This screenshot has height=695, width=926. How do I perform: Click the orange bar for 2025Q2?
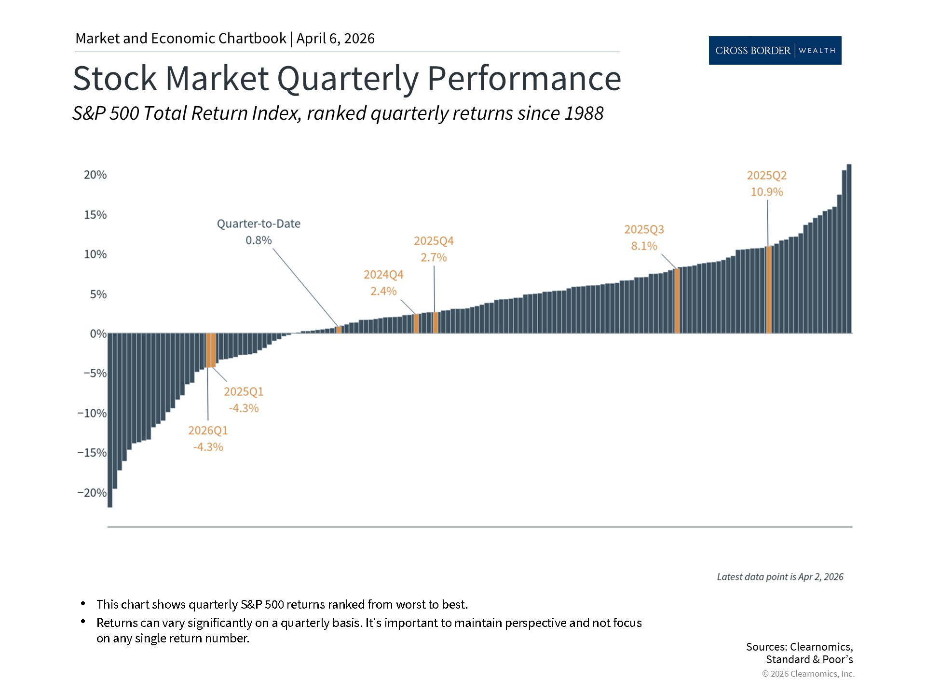pos(769,290)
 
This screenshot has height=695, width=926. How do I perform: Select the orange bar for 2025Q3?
pos(677,301)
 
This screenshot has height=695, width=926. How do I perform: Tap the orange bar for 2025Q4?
pos(436,322)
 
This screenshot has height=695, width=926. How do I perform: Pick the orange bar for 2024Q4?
pos(416,323)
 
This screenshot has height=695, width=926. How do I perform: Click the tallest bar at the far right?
pos(849,249)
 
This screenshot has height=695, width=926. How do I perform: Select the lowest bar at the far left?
pos(110,420)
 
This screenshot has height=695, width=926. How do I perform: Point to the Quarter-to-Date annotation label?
pos(259,224)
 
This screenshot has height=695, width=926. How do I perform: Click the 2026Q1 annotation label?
pos(208,431)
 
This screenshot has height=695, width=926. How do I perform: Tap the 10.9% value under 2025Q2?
pos(767,192)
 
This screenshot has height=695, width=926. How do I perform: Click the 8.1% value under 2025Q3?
pos(644,246)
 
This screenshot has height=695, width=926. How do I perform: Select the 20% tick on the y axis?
pos(95,175)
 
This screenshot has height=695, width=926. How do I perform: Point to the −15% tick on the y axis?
pos(92,453)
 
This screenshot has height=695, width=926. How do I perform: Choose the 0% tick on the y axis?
pos(98,334)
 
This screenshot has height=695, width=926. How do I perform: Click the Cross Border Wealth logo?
pos(775,50)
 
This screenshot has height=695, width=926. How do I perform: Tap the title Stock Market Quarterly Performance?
pos(346,78)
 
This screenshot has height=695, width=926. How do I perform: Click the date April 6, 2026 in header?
pos(335,39)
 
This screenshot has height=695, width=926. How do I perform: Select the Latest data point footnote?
pos(780,577)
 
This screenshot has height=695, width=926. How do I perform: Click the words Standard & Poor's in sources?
pos(809,659)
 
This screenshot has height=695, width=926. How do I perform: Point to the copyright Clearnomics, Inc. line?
pos(808,674)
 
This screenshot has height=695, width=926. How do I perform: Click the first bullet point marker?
pos(83,604)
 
